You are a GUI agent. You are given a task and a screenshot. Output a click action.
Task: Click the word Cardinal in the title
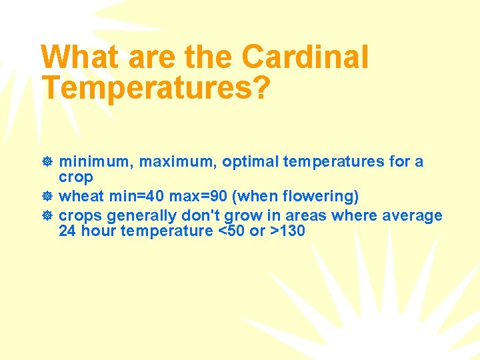[x=305, y=57]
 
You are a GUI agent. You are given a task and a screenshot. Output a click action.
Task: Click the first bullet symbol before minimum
[x=48, y=162]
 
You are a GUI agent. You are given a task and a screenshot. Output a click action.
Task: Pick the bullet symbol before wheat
[x=48, y=197]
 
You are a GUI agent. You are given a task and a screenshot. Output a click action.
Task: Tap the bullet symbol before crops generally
[x=48, y=216]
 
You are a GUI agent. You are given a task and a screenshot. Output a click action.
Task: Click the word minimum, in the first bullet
[x=96, y=162]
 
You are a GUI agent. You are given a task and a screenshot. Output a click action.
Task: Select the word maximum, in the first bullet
[x=178, y=162]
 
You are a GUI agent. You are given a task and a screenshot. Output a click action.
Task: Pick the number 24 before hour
[x=67, y=232]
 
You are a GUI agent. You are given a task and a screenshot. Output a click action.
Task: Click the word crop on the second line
[x=76, y=178]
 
